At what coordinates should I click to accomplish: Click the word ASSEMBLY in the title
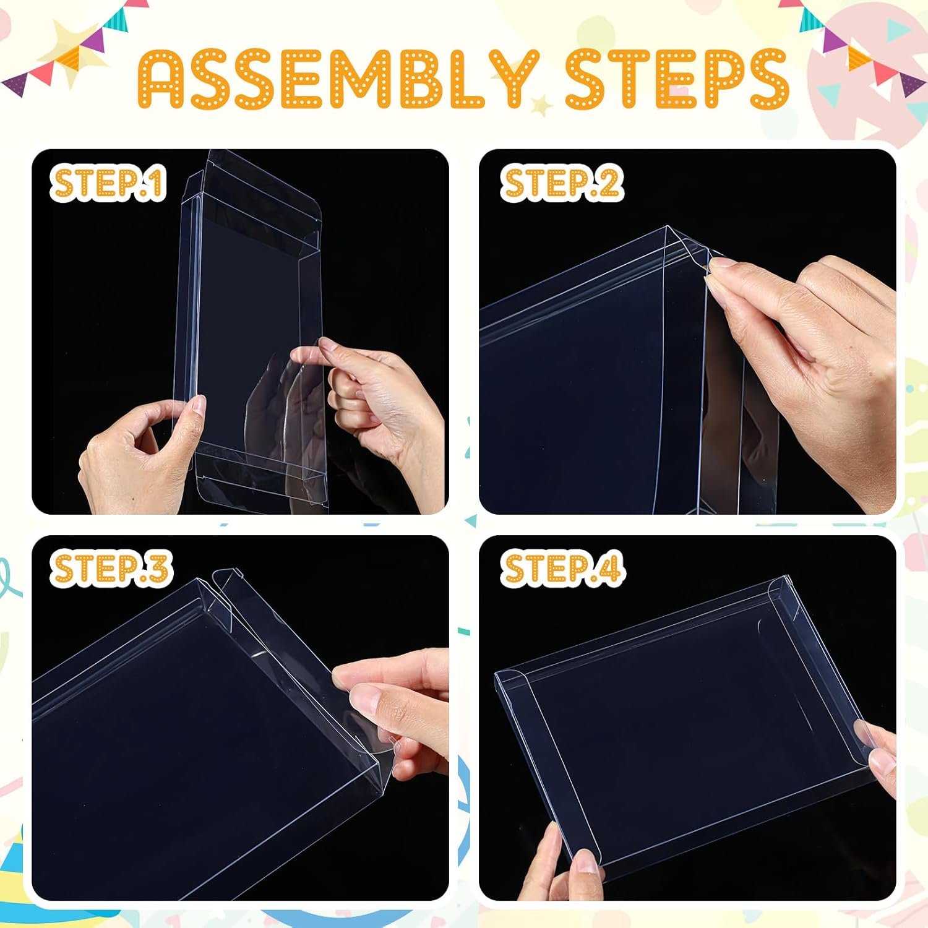click(337, 80)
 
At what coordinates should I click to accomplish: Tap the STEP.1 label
click(108, 183)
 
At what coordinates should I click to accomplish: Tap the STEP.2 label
click(562, 183)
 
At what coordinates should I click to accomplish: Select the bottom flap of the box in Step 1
click(260, 479)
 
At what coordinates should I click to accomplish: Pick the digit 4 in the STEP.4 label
click(609, 569)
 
